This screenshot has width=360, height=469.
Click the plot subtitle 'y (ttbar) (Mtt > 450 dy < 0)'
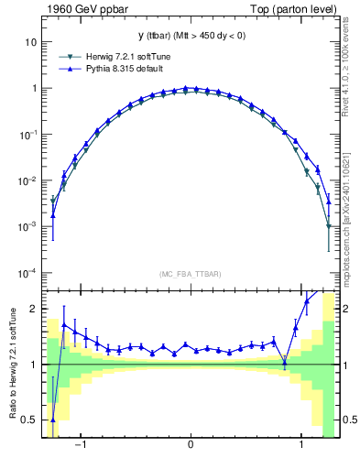tap(190, 36)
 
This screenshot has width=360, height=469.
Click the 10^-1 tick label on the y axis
tap(27, 135)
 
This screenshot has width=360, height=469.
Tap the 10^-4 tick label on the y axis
tap(27, 273)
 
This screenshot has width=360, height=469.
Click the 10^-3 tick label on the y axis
tap(27, 226)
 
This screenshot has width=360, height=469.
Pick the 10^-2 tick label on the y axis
tap(27, 180)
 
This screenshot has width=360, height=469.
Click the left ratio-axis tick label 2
tap(33, 310)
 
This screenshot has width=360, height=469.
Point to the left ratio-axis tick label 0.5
tap(29, 420)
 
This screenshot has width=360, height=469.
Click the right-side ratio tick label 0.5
tap(350, 420)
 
